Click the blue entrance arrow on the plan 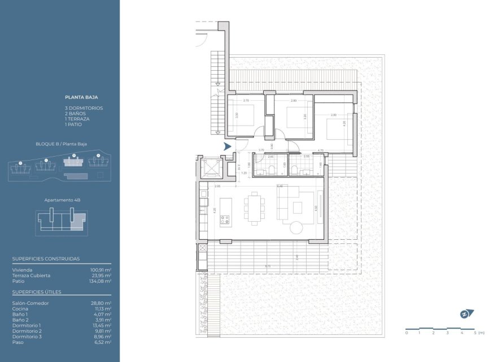[x=228, y=146]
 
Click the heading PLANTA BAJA [x=82, y=97]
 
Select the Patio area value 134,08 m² [x=101, y=281]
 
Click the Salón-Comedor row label [x=30, y=303]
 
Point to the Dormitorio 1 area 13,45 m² [x=102, y=325]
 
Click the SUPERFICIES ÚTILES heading [x=37, y=292]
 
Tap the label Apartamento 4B [x=60, y=200]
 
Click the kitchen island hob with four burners [x=225, y=219]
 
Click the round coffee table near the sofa [x=297, y=227]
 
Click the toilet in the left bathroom [x=271, y=169]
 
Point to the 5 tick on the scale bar [x=475, y=333]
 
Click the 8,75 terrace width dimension [x=267, y=266]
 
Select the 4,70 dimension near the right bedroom [x=320, y=150]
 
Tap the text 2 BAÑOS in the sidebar [x=76, y=113]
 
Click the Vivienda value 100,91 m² [x=101, y=270]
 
